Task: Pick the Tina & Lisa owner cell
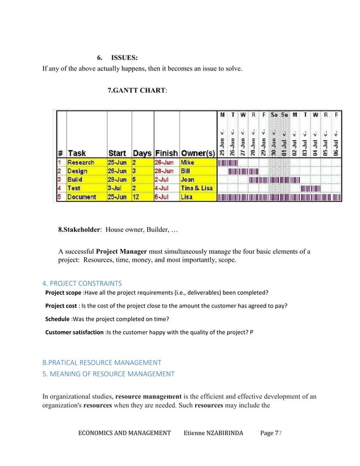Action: (196, 188)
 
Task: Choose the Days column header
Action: (142, 153)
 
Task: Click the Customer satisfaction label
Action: (74, 332)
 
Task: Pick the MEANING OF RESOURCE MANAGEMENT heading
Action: (108, 373)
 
